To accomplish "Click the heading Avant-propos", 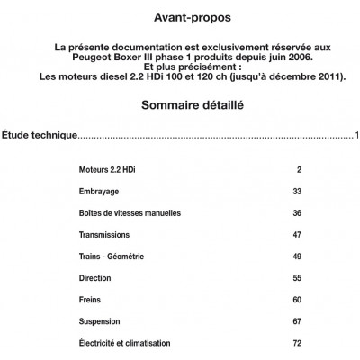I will point(180,17).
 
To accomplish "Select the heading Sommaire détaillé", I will point(180,106).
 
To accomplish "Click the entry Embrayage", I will point(99,192).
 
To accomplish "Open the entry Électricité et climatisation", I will point(124,343).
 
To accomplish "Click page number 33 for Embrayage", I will point(297,192).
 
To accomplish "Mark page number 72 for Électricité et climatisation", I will point(297,343).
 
